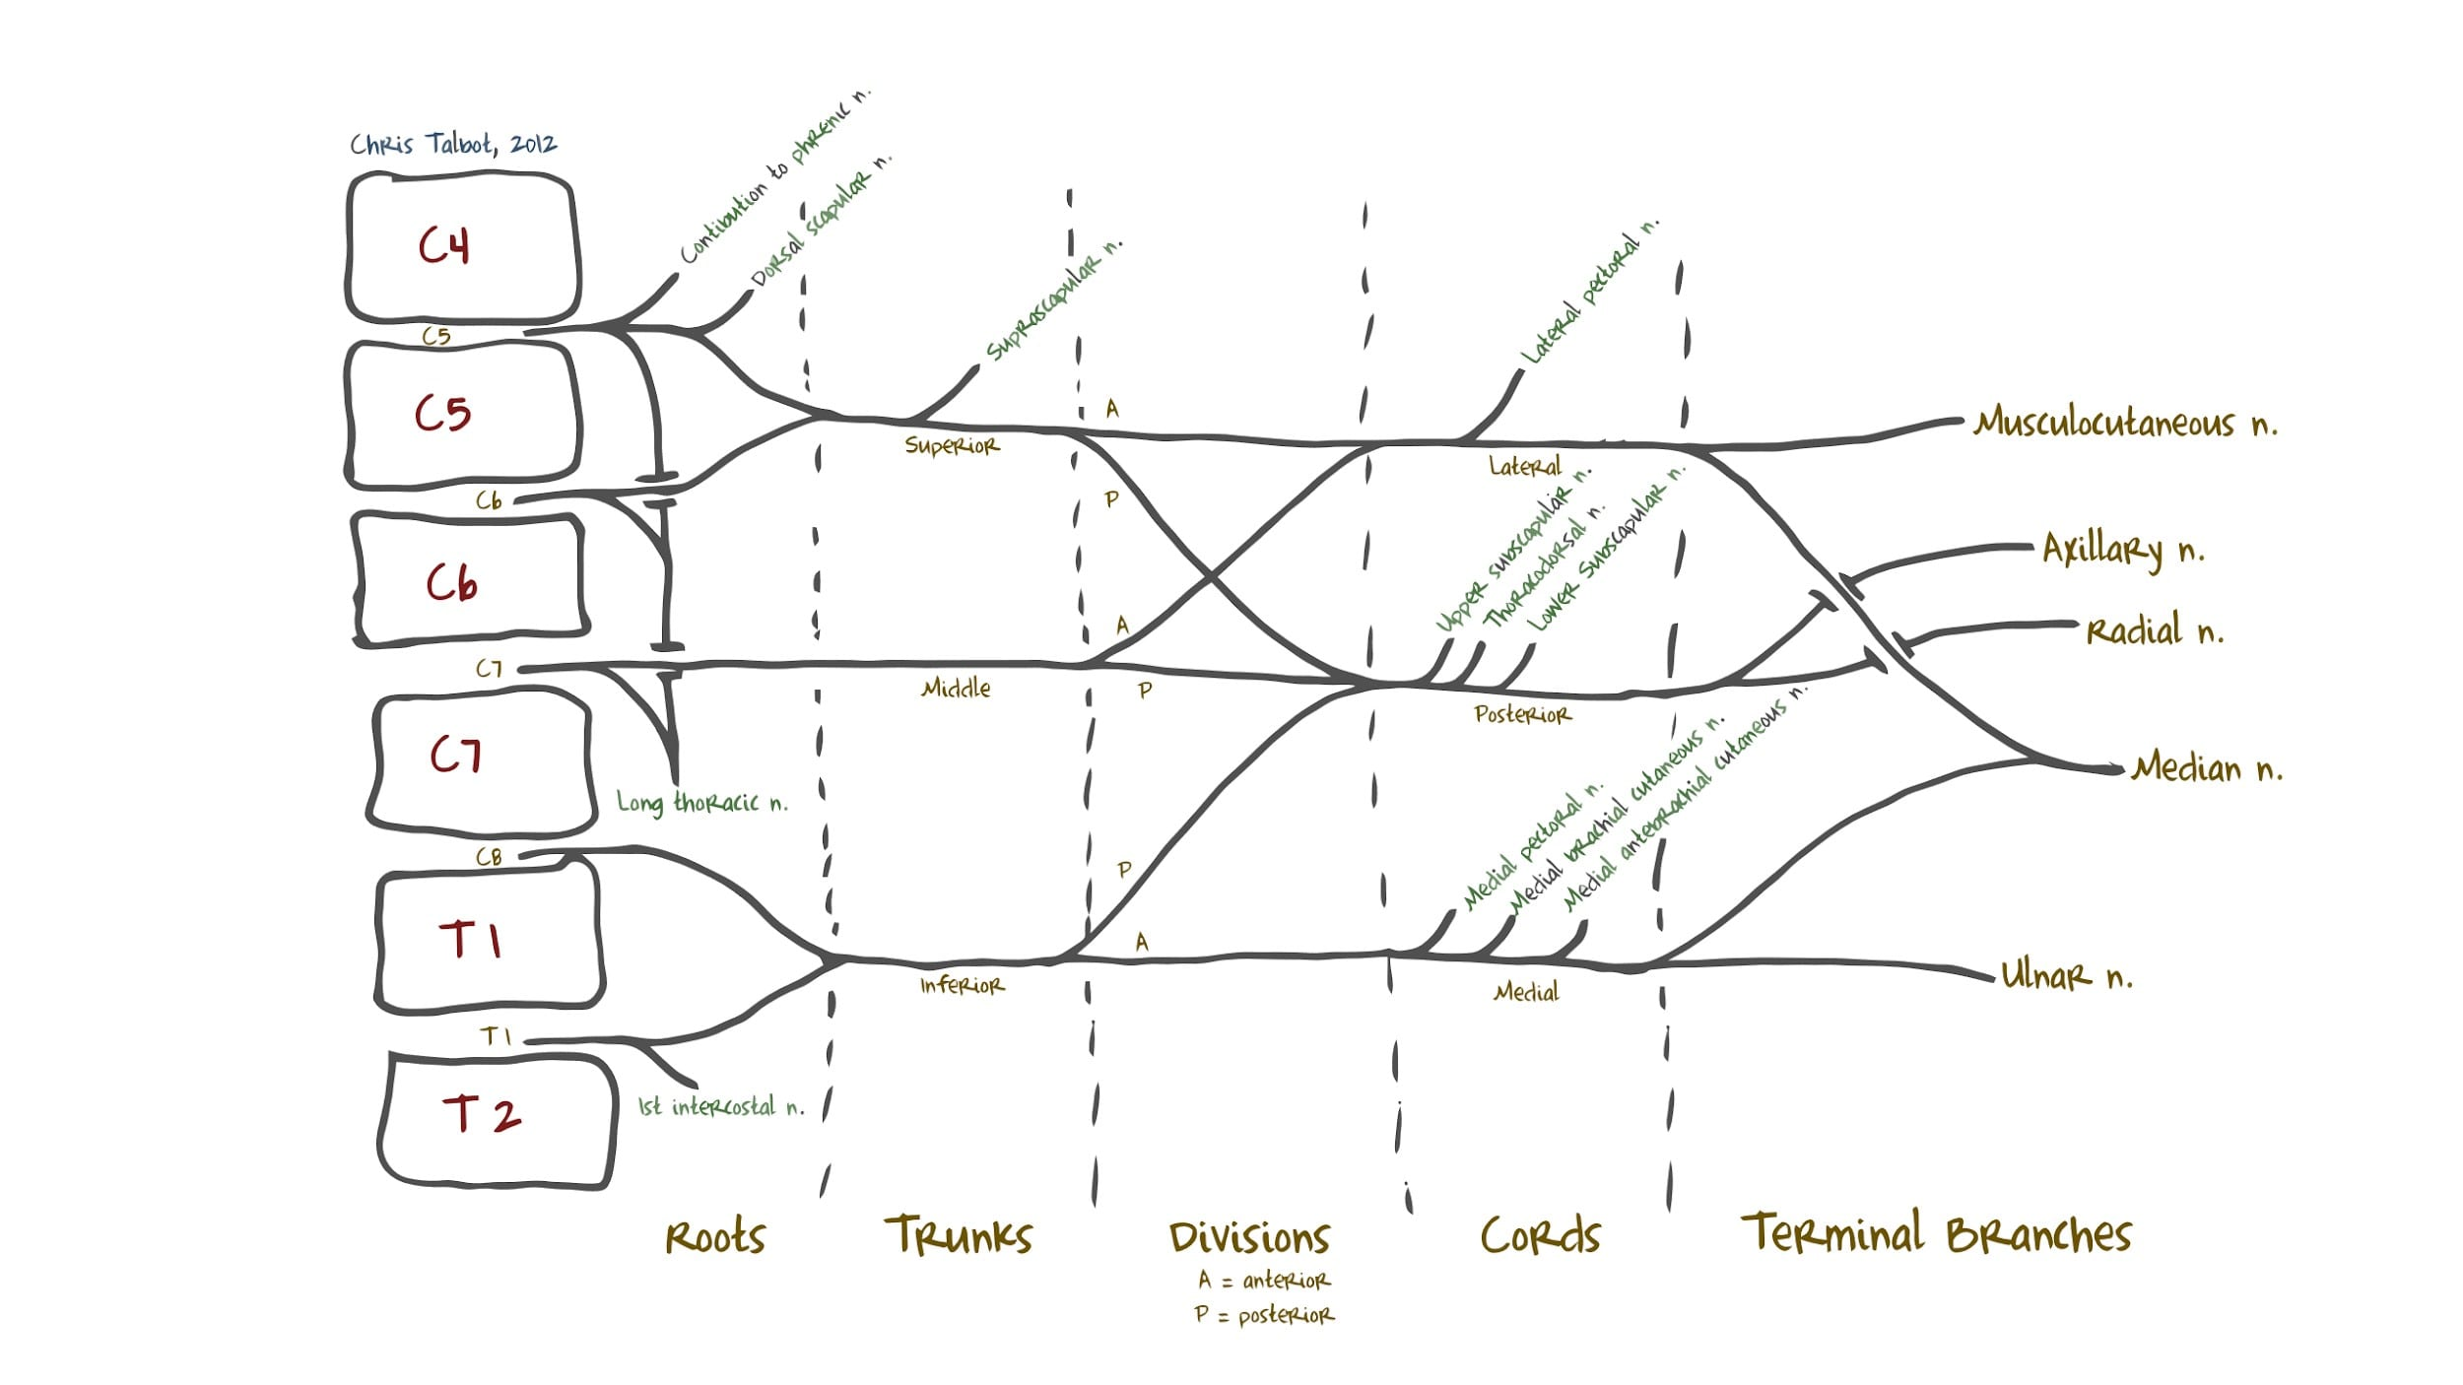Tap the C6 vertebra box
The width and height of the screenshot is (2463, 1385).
[x=469, y=581]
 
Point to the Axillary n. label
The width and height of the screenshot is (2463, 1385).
[x=2122, y=550]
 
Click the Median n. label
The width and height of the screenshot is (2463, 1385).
[x=2207, y=767]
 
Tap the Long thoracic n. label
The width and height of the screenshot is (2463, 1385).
[x=701, y=803]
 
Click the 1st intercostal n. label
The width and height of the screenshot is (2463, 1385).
[x=720, y=1107]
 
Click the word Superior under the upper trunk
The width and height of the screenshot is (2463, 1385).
[x=952, y=446]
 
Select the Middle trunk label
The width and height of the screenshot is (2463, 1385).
[x=956, y=688]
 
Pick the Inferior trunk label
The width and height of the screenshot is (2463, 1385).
[x=962, y=985]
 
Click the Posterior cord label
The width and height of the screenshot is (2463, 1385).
[x=1522, y=714]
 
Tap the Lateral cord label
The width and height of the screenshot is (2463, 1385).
[x=1524, y=466]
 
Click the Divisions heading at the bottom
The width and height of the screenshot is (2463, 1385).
[x=1249, y=1237]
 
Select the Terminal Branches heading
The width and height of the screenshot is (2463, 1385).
[x=1936, y=1233]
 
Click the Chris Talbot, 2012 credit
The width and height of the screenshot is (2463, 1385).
[x=453, y=144]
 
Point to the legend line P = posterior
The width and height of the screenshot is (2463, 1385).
[x=1264, y=1315]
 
